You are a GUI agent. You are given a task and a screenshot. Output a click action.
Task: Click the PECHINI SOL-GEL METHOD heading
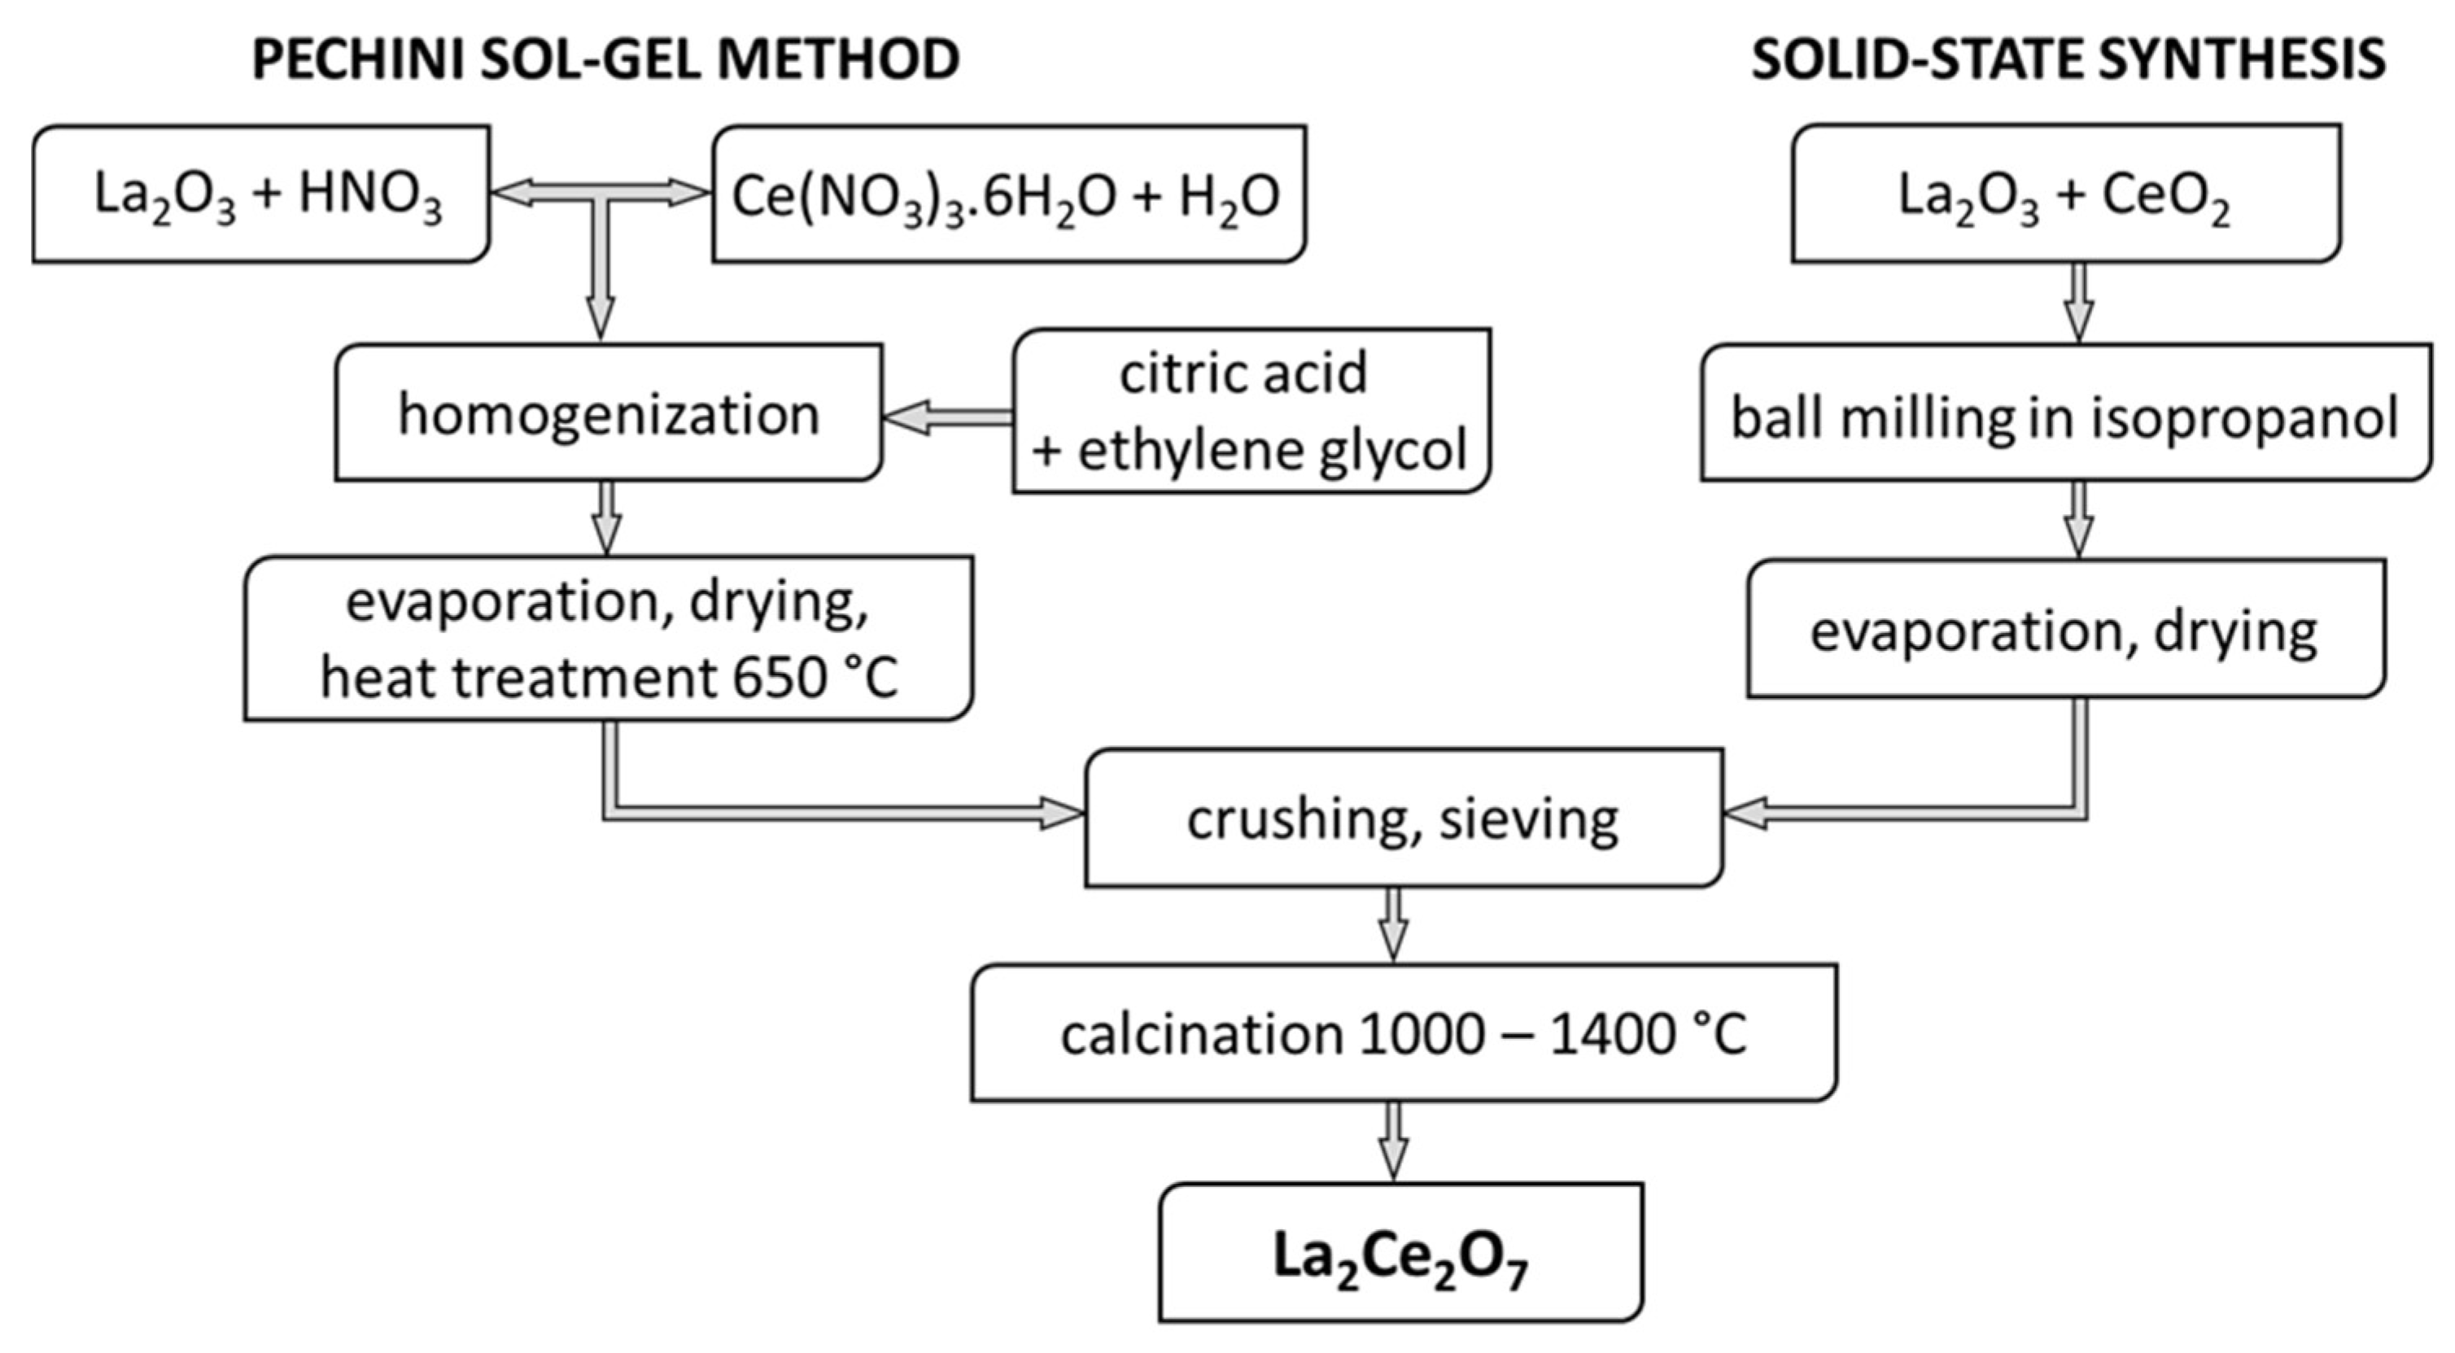point(605,59)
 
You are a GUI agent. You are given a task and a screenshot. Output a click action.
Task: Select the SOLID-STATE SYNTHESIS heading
point(2068,59)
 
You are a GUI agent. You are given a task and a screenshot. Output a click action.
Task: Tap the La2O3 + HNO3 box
point(262,194)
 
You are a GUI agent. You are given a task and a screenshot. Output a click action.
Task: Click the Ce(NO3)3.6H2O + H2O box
point(1008,194)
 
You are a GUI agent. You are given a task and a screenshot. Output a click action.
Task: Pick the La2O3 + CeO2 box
point(2064,194)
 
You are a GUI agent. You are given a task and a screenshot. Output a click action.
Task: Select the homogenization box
point(608,413)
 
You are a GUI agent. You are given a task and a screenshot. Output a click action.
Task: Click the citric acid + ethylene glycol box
point(1251,412)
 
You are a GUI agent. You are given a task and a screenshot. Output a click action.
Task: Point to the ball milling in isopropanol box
point(2064,416)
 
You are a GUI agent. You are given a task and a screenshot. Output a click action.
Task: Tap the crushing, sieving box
point(1403,818)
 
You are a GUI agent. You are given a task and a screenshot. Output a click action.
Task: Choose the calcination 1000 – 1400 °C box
point(1403,1034)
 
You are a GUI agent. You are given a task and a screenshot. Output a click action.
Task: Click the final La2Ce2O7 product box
point(1401,1253)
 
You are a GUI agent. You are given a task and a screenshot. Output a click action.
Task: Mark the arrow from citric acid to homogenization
point(947,417)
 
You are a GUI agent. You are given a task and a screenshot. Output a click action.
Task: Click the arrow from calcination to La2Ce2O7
point(1393,1141)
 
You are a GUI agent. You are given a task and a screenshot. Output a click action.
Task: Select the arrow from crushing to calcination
point(1393,924)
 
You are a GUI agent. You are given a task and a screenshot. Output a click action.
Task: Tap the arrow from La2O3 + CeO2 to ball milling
point(2078,302)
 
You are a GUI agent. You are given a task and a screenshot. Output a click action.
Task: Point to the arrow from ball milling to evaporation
point(2078,519)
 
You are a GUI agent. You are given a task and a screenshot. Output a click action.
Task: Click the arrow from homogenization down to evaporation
point(607,517)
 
